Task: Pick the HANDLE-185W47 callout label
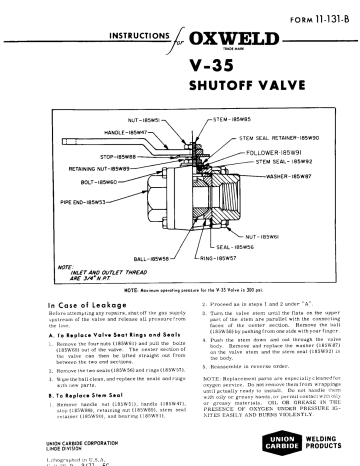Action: pyautogui.click(x=121, y=129)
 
